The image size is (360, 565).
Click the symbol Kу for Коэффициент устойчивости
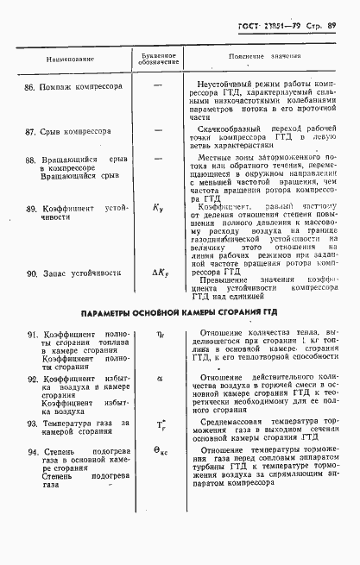pyautogui.click(x=158, y=208)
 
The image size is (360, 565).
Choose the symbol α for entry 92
pyautogui.click(x=159, y=378)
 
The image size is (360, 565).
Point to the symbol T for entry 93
pyautogui.click(x=160, y=425)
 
